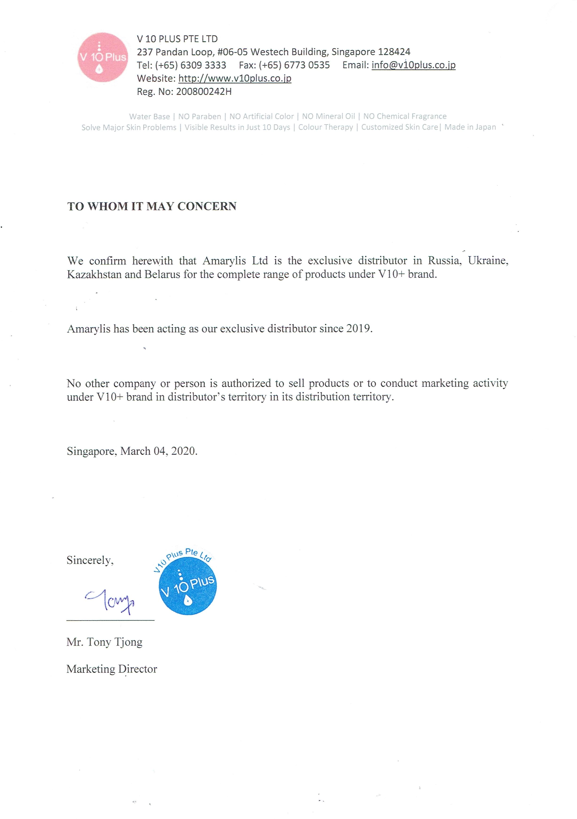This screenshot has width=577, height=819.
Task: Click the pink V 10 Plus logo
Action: [103, 57]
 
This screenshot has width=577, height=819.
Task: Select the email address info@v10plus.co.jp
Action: [413, 65]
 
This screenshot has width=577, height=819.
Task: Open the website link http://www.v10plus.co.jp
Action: [235, 78]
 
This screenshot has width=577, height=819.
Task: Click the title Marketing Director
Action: [112, 669]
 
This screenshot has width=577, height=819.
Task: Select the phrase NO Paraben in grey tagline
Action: [199, 117]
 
